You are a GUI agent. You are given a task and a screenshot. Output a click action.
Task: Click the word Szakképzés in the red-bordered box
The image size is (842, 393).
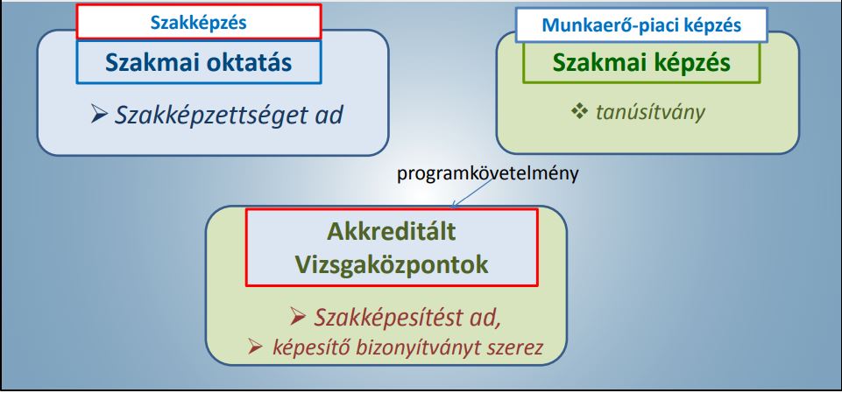click(x=198, y=23)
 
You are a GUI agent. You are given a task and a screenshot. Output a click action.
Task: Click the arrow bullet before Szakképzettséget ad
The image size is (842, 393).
click(x=100, y=116)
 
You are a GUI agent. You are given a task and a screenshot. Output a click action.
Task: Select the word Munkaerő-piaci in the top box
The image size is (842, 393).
click(x=604, y=25)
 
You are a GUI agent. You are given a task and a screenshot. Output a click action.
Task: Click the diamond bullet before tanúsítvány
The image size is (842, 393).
click(x=579, y=113)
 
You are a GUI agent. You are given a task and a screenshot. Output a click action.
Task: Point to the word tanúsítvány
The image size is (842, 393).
click(x=650, y=113)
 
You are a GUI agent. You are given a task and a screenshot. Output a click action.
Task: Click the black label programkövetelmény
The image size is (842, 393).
click(x=487, y=175)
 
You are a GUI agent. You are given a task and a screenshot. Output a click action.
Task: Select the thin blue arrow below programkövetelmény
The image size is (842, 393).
click(x=472, y=193)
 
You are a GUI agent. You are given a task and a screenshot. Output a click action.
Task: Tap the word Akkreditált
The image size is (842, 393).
click(x=392, y=233)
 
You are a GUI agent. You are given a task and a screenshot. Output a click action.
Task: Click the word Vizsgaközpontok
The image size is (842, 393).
click(x=392, y=265)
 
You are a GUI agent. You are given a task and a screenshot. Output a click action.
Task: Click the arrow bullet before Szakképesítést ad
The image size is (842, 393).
click(x=298, y=318)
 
